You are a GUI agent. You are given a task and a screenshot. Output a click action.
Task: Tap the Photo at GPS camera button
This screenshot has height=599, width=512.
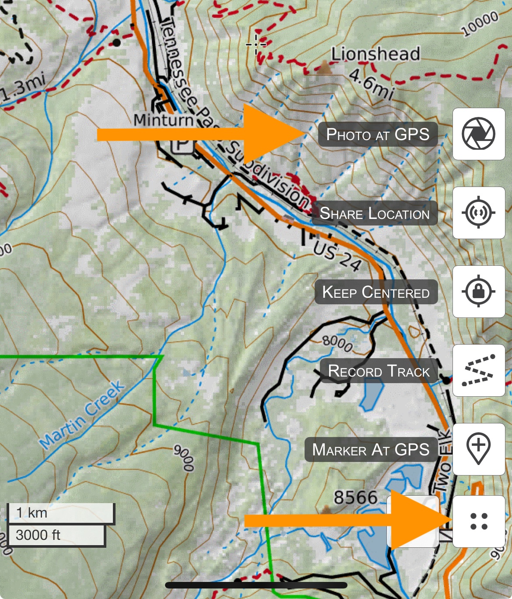pyautogui.click(x=478, y=134)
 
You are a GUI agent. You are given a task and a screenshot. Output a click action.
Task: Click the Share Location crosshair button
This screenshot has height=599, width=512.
pyautogui.click(x=478, y=213)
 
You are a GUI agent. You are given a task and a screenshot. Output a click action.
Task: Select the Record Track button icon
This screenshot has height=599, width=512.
pyautogui.click(x=478, y=370)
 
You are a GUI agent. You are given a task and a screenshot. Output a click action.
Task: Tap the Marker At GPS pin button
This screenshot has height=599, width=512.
pyautogui.click(x=478, y=449)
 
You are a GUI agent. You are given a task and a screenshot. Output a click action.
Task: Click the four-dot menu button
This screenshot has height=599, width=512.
pyautogui.click(x=478, y=521)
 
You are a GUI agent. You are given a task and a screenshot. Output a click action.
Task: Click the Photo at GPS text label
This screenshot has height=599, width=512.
pyautogui.click(x=378, y=134)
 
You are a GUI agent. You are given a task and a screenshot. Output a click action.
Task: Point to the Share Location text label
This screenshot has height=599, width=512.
pyautogui.click(x=375, y=213)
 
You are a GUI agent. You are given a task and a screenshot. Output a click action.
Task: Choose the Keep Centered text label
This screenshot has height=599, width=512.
pyautogui.click(x=376, y=292)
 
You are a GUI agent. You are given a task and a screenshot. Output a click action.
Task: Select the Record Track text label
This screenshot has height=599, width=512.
pyautogui.click(x=379, y=371)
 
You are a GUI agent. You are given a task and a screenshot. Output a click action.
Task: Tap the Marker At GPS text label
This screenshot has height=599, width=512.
pyautogui.click(x=371, y=450)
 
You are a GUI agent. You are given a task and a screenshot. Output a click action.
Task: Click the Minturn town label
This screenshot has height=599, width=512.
pyautogui.click(x=163, y=120)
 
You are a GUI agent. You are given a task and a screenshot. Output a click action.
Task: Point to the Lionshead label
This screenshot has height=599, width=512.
pyautogui.click(x=375, y=54)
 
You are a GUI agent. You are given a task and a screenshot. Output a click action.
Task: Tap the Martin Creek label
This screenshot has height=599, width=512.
pyautogui.click(x=82, y=415)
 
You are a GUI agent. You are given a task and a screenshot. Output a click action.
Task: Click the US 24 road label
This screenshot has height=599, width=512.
pyautogui.click(x=337, y=257)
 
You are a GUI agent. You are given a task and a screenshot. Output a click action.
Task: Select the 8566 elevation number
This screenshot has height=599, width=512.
pyautogui.click(x=355, y=498)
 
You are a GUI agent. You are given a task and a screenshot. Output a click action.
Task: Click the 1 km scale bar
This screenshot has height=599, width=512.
pyautogui.click(x=60, y=513)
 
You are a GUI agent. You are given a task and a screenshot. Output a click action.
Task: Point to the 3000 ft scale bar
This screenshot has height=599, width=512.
pyautogui.click(x=56, y=535)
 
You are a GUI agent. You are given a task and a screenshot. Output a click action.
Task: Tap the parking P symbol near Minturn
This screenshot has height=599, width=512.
pyautogui.click(x=182, y=145)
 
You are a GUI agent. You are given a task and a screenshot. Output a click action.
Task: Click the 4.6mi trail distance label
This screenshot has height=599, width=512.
pyautogui.click(x=372, y=85)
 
